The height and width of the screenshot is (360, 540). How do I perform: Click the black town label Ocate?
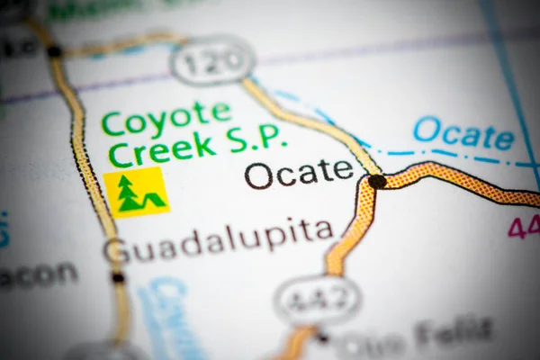299,173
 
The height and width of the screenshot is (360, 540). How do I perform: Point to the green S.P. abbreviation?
256,138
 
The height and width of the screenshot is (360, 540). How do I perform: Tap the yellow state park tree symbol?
136,192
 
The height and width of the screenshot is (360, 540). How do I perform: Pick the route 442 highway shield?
316,300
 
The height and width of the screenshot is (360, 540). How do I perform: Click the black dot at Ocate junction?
377,181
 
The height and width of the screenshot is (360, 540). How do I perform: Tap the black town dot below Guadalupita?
118,277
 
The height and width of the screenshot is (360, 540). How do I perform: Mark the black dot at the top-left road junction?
55,51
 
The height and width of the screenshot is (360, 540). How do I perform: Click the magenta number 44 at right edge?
523,227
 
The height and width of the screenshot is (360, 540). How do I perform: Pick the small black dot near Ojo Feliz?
320,338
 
